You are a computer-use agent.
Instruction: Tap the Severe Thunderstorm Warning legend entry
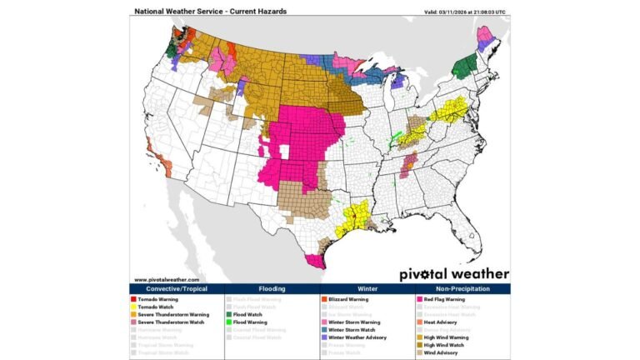pyautogui.click(x=170, y=314)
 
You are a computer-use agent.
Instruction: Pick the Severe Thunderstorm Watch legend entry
pyautogui.click(x=168, y=322)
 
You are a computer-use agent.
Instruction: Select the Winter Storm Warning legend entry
pyautogui.click(x=352, y=322)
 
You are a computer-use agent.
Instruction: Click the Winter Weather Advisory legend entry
pyautogui.click(x=356, y=337)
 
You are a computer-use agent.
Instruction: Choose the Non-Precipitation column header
pyautogui.click(x=462, y=288)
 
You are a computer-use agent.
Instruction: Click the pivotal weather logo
pyautogui.click(x=453, y=272)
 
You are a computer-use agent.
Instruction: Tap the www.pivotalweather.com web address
pyautogui.click(x=167, y=279)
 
